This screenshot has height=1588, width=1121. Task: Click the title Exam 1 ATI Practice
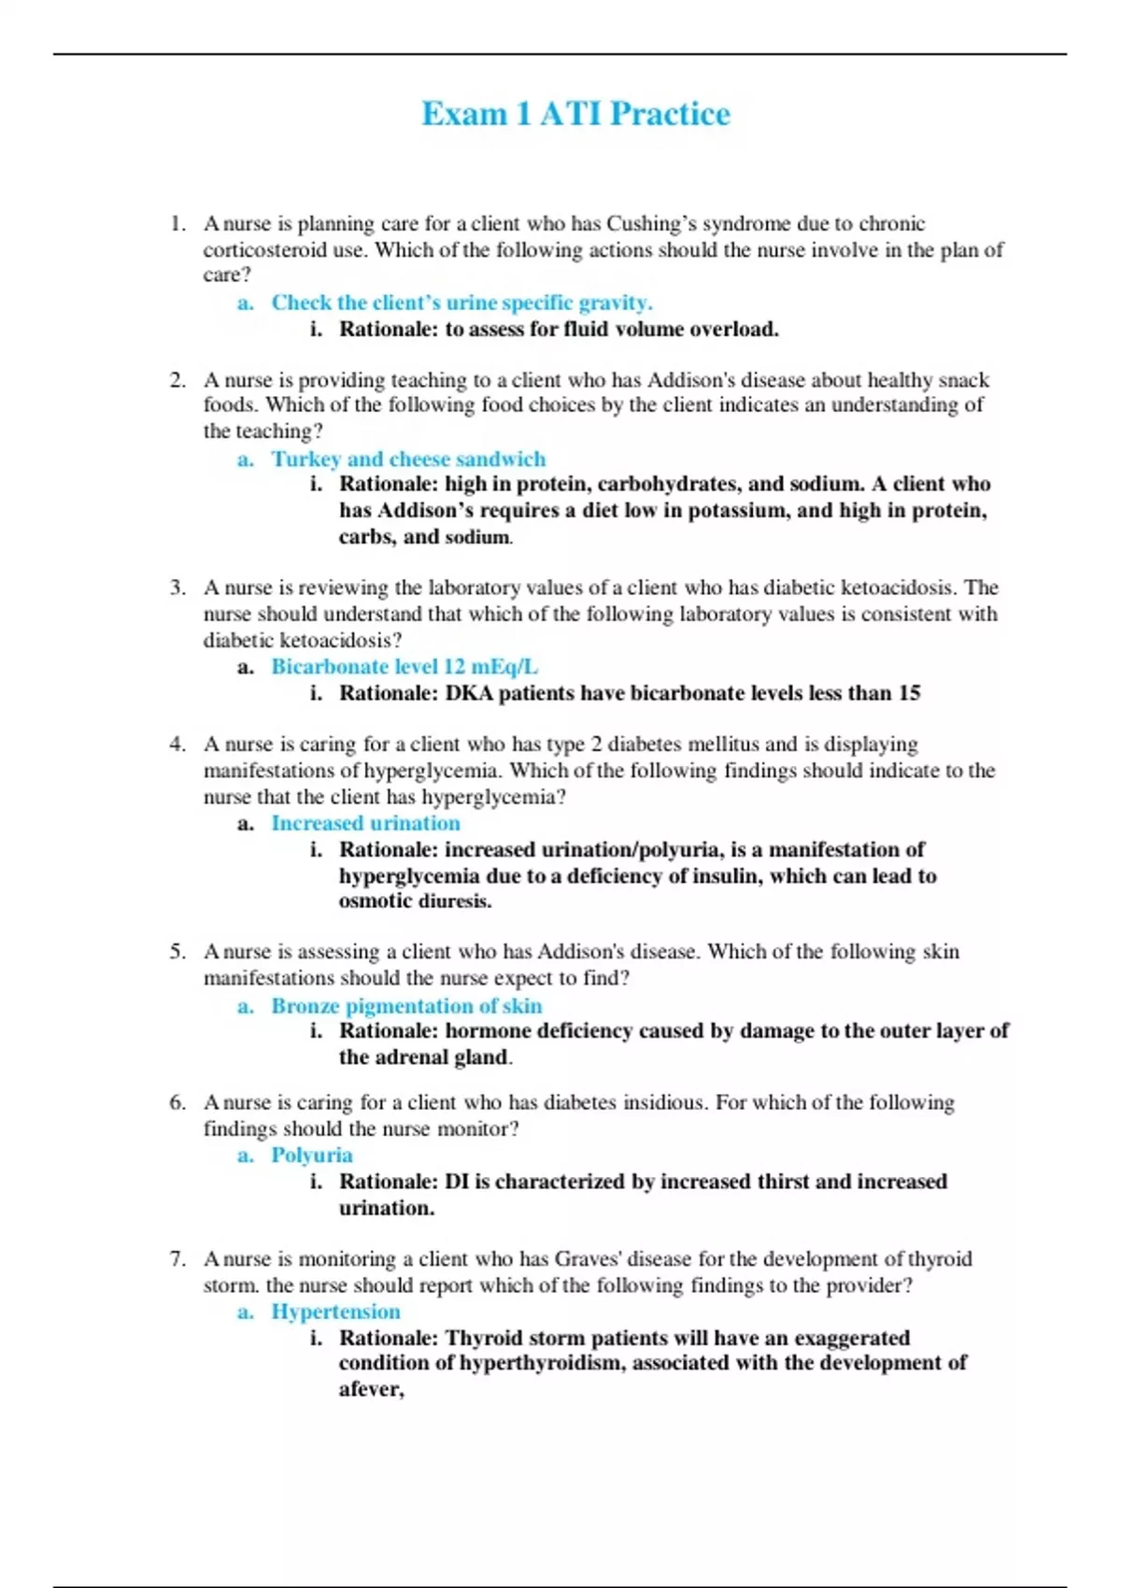coord(575,114)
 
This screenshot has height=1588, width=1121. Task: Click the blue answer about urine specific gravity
coord(461,303)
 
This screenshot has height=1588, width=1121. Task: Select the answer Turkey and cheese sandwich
coord(408,459)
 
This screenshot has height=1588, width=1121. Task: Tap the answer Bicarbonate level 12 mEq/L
coord(404,667)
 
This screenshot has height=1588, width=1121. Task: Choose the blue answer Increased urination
coord(365,823)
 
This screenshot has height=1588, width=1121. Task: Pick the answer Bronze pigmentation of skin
coord(406,1006)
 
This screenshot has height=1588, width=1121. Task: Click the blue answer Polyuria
coord(312,1156)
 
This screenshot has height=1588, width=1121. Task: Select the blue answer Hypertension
coord(335,1312)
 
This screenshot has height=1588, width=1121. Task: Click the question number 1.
coord(177,224)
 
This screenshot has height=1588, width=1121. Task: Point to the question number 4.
coord(177,744)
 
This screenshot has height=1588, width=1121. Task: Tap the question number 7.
coord(177,1259)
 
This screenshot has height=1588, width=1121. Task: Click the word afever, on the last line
coord(371,1390)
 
